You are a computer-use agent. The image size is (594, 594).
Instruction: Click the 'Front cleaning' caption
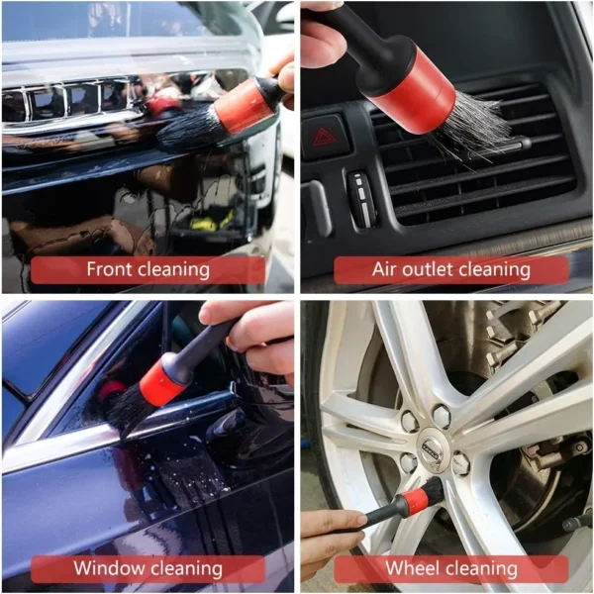tap(148, 269)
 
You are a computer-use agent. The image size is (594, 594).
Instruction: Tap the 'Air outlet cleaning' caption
tap(451, 269)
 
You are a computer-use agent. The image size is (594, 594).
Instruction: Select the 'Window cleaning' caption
tap(148, 568)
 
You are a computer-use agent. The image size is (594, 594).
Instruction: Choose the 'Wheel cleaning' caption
tap(451, 568)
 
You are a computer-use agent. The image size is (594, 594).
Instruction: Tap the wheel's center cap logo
tap(434, 443)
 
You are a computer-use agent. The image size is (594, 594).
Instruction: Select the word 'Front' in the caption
tap(108, 269)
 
